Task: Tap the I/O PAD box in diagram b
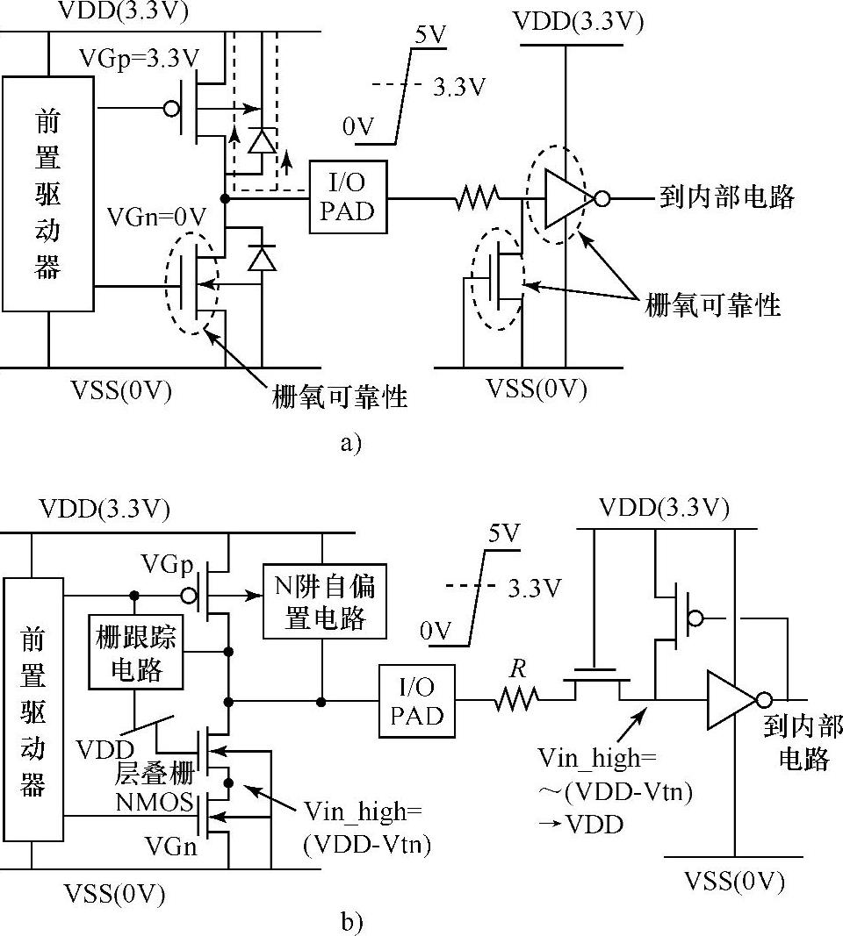417,702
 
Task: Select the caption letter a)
349,442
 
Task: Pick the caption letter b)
350,921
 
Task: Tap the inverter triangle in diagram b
729,700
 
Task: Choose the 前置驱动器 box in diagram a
47,193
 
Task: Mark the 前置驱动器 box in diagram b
32,709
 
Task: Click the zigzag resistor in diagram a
478,200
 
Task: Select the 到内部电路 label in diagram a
726,197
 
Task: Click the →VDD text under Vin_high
594,824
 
